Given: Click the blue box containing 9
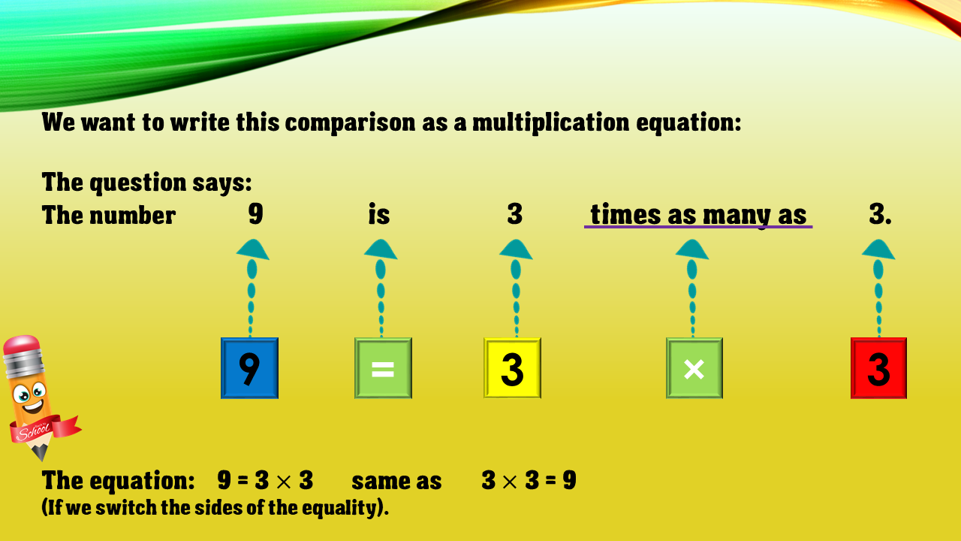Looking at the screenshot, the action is click(249, 368).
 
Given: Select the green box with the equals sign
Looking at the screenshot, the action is click(383, 368).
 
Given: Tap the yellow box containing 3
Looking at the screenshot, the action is click(512, 368).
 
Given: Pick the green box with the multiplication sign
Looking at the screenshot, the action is click(694, 368).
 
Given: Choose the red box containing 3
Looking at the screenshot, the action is click(878, 368).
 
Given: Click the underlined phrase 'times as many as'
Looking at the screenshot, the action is click(698, 215).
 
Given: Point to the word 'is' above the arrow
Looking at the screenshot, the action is click(379, 214).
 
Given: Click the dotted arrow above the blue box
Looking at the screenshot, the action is click(252, 288).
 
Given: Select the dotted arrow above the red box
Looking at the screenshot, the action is click(878, 288).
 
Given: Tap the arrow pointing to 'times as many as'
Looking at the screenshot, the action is click(692, 288).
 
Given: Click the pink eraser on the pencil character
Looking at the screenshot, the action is click(22, 345).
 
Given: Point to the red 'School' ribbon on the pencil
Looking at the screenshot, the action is click(44, 429).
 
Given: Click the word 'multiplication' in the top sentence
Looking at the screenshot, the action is click(550, 122).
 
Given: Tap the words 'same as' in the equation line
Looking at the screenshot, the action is click(396, 481).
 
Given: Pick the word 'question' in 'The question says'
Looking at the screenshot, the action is click(137, 183).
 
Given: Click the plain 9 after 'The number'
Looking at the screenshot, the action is click(256, 213).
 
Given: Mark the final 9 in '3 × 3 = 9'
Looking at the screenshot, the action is click(569, 480).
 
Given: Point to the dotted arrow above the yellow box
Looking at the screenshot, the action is click(516, 288).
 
